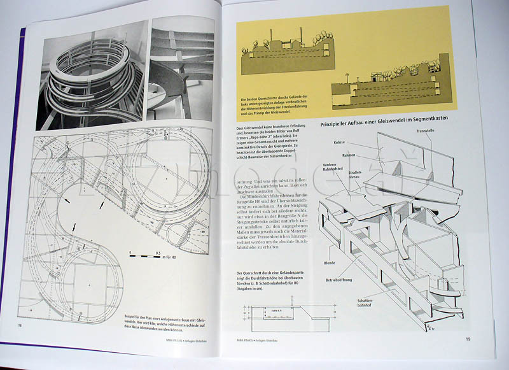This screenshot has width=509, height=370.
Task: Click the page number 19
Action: coord(467,339)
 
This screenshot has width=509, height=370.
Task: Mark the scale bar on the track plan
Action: coord(148,257)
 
